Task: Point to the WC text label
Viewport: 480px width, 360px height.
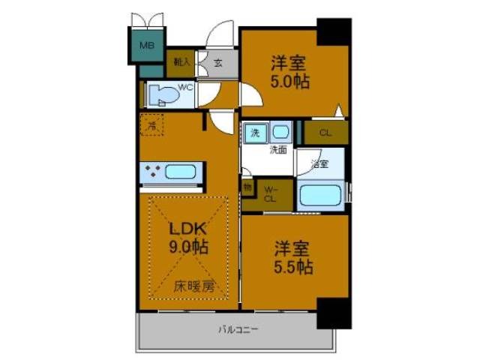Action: click(186, 87)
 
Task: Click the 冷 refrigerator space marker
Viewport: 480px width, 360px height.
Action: click(152, 126)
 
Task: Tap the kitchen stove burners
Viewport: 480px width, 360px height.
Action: click(153, 171)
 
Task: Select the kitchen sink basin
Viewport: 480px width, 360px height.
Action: click(181, 171)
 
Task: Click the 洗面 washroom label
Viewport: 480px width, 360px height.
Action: click(278, 149)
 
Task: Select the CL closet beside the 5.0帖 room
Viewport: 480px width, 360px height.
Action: click(325, 133)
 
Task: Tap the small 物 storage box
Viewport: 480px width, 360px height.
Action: click(247, 185)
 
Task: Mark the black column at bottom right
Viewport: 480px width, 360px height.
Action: click(333, 312)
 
